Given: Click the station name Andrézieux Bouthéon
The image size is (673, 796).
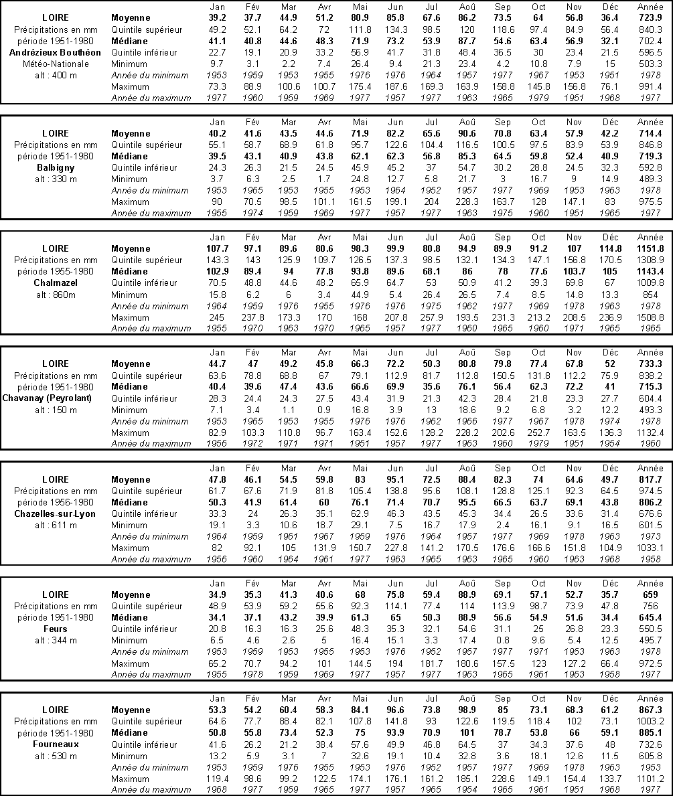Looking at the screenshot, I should click(55, 52).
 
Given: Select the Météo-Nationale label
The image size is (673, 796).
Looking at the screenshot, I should click(55, 64).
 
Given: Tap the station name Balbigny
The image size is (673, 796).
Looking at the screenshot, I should click(55, 167).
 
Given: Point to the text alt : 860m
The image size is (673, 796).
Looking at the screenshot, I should click(55, 294).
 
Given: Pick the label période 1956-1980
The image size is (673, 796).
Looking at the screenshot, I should click(55, 502).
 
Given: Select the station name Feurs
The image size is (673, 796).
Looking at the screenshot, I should click(55, 629).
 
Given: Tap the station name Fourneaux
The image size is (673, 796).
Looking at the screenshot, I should click(55, 744).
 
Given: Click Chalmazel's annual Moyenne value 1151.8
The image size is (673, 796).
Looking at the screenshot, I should click(650, 248).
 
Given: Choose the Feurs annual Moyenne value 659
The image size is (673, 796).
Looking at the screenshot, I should click(650, 594).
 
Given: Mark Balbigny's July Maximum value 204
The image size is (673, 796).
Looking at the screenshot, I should click(431, 202).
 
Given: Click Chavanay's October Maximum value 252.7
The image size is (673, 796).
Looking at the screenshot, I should click(538, 432).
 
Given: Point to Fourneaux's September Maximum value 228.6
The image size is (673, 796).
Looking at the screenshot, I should click(502, 779).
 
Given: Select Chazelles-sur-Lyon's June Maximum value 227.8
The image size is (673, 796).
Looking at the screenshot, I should click(396, 548).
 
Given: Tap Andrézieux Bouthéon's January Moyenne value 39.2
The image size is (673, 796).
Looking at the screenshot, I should click(217, 18).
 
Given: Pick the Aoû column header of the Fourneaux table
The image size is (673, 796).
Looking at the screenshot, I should click(467, 698).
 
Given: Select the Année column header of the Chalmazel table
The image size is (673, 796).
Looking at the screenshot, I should click(650, 237).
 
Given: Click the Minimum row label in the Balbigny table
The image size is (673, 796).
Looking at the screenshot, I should click(130, 179).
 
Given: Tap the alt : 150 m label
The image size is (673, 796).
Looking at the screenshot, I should click(55, 410).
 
